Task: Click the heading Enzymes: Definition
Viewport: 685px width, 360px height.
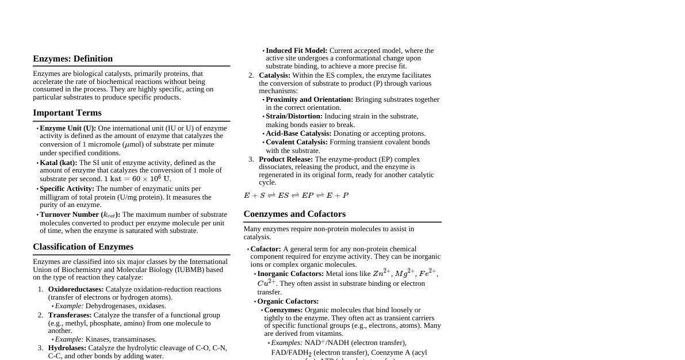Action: pyautogui.click(x=72, y=59)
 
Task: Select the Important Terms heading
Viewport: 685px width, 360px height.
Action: pyautogui.click(x=67, y=113)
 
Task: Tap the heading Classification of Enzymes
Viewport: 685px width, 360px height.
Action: pyautogui.click(x=83, y=247)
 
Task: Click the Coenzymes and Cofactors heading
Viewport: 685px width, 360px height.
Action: pyautogui.click(x=294, y=214)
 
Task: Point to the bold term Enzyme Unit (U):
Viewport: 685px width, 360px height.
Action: pyautogui.click(x=68, y=128)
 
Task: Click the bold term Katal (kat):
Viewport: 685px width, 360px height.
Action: pyautogui.click(x=58, y=163)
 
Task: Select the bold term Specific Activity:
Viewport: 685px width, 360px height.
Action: pyautogui.click(x=67, y=189)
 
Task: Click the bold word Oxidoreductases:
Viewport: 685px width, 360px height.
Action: pyautogui.click(x=76, y=289)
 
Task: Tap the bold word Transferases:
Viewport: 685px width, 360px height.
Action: pyautogui.click(x=70, y=315)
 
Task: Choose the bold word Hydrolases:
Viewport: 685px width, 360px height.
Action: pyautogui.click(x=67, y=348)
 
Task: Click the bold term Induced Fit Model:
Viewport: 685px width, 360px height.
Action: pyautogui.click(x=296, y=51)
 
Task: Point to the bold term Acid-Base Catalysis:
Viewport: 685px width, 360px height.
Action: pyautogui.click(x=299, y=133)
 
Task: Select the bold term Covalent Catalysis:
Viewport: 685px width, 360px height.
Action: pyautogui.click(x=296, y=142)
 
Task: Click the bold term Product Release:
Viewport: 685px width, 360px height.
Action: pyautogui.click(x=286, y=159)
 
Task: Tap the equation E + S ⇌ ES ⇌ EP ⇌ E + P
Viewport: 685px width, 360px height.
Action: pyautogui.click(x=296, y=196)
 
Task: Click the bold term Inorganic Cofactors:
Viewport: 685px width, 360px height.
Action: pyautogui.click(x=290, y=274)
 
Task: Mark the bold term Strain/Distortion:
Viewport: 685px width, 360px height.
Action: pyautogui.click(x=294, y=116)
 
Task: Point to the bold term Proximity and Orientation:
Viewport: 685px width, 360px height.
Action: pyautogui.click(x=309, y=99)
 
